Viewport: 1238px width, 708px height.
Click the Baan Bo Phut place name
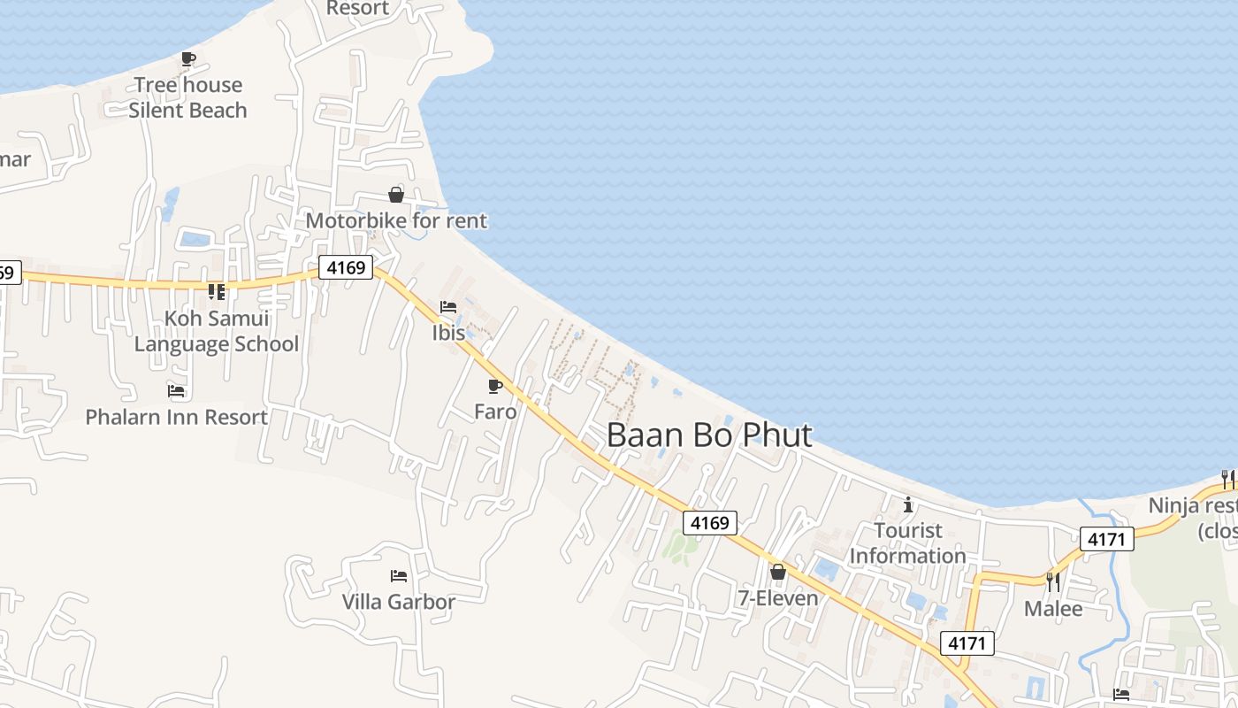point(709,435)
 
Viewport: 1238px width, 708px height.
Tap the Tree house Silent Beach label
point(187,97)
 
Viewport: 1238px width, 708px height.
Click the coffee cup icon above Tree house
point(187,59)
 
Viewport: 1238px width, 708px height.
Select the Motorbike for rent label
point(396,220)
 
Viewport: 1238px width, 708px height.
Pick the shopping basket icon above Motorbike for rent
point(396,195)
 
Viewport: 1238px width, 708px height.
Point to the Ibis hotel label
point(448,333)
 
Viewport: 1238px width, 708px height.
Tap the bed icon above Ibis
point(448,307)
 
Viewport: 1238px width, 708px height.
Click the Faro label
point(495,411)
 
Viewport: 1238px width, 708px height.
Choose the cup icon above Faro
point(495,386)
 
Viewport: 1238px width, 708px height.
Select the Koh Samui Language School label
point(217,331)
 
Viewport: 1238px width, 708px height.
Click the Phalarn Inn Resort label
point(176,417)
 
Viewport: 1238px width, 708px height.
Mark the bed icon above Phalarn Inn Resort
point(176,390)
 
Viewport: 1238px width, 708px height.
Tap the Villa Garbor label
point(399,602)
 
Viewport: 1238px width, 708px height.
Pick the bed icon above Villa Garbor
point(399,576)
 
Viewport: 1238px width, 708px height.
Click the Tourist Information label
point(907,543)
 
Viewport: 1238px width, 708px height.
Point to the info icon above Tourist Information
point(907,504)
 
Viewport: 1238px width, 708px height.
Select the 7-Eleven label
point(778,598)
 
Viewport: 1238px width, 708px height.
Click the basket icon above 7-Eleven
point(778,573)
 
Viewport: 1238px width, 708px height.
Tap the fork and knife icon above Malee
point(1052,581)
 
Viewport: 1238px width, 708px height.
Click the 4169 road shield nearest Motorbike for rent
point(346,267)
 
